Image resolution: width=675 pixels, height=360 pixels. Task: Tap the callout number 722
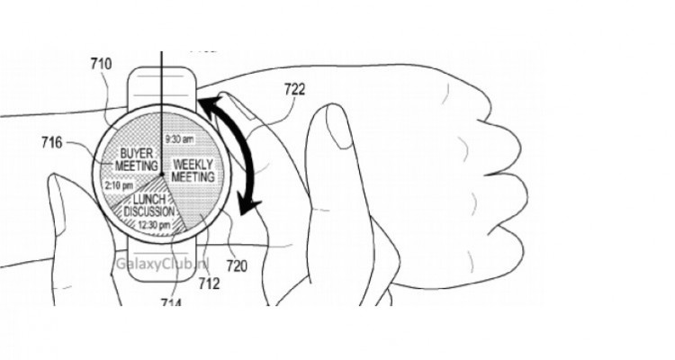pos(293,90)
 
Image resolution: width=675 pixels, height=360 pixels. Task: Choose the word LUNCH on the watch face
pos(150,198)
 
